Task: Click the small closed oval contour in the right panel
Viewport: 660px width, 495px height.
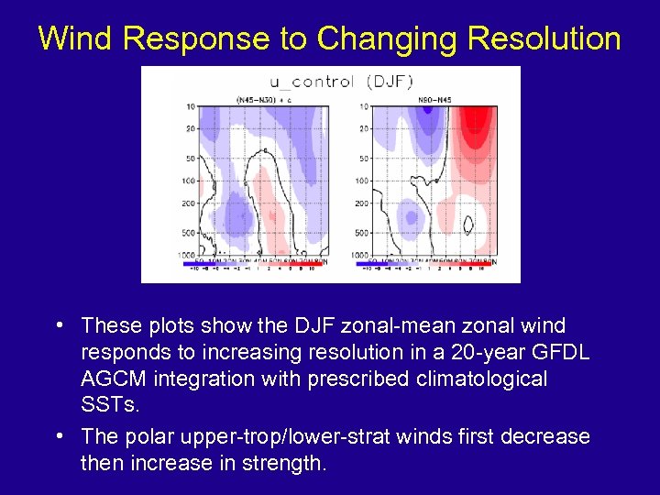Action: click(x=470, y=223)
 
